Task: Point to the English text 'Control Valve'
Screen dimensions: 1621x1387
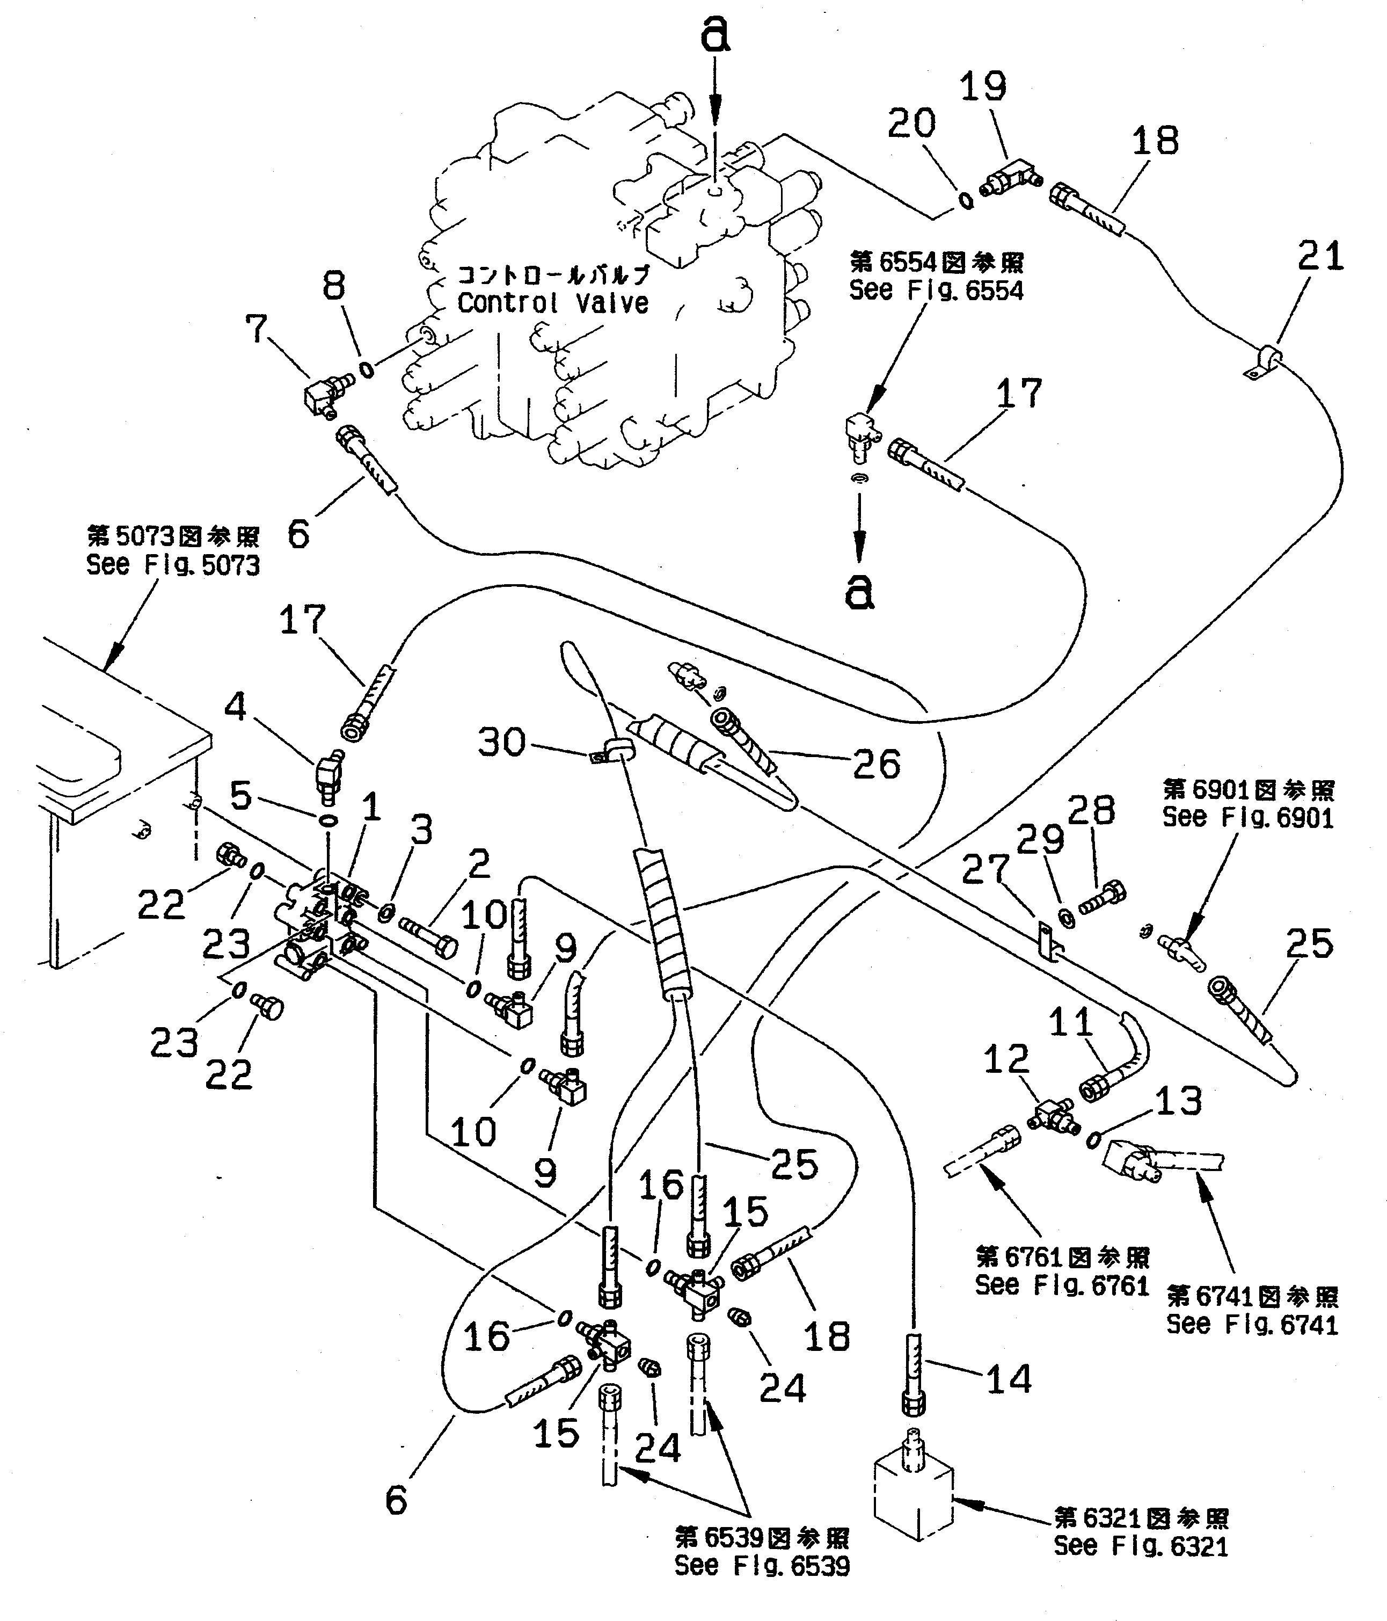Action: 552,303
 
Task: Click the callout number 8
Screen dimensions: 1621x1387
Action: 334,286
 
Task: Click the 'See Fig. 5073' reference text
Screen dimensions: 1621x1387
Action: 173,565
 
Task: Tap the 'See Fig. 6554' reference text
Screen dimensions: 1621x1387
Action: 937,290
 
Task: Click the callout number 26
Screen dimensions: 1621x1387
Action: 876,763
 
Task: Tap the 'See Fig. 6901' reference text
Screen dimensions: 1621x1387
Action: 1248,818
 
